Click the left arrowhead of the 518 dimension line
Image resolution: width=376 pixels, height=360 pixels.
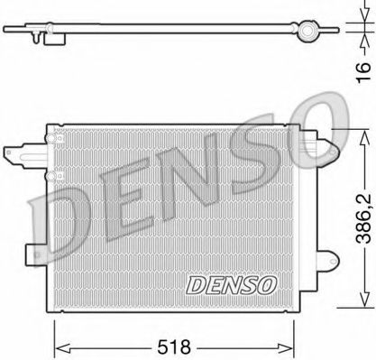tap(60, 344)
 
